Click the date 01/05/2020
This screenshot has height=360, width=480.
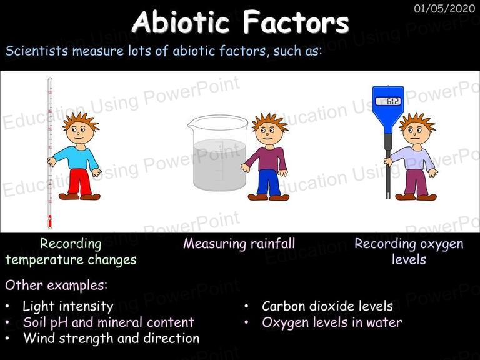(444, 8)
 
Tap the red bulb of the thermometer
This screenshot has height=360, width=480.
(50, 221)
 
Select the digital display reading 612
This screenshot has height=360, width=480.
(388, 101)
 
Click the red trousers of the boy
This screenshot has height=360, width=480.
(79, 182)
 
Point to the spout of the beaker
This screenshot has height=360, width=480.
(191, 123)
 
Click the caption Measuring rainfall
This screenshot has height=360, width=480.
(239, 244)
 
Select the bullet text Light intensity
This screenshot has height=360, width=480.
(68, 306)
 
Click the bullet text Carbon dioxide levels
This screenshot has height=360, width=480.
(327, 306)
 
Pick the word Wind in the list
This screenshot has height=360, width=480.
(39, 338)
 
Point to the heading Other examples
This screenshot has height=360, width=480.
(56, 285)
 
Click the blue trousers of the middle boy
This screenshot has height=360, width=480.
(269, 182)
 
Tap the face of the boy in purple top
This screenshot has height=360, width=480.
(267, 132)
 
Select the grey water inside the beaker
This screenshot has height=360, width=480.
(220, 164)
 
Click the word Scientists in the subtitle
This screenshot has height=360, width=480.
(36, 51)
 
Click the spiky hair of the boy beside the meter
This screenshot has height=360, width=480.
(417, 120)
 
